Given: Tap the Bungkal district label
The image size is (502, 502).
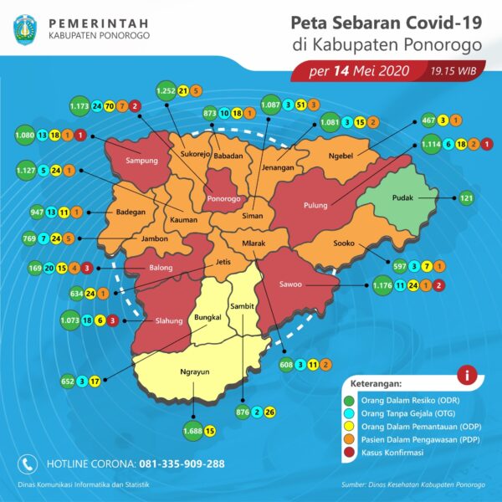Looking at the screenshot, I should point(207,318).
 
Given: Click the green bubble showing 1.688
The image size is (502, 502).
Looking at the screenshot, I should point(192,432).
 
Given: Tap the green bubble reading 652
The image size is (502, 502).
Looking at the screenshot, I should point(68,381).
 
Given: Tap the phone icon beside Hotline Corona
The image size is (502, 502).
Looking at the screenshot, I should point(28,463).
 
